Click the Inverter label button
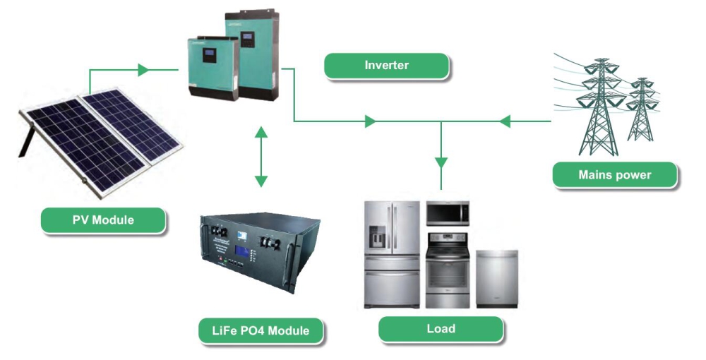coord(386,66)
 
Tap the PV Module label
coord(103,220)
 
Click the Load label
coord(441,329)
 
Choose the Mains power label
coord(614,174)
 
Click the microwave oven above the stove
coord(448,212)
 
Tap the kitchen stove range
coord(448,272)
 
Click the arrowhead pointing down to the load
coord(441,162)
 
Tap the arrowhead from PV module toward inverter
coord(143,70)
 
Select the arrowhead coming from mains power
coord(504,121)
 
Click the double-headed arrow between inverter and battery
coord(261,157)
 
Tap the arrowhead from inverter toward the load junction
coord(370,121)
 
